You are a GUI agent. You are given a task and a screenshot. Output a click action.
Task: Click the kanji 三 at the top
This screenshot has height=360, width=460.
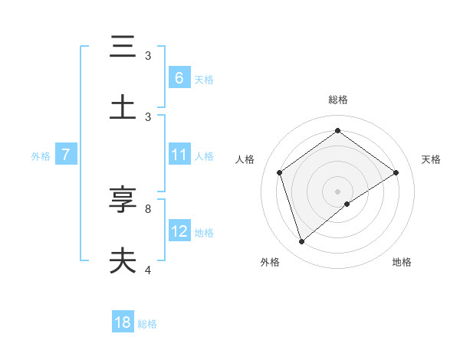coord(123,47)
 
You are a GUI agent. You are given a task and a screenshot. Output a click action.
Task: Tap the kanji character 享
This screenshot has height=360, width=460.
coord(123,200)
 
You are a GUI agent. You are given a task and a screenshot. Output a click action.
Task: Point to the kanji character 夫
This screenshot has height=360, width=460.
coord(123,260)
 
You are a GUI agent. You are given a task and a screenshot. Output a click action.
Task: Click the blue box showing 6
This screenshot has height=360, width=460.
coord(179,77)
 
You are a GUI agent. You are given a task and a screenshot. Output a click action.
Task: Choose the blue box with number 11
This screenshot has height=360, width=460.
coord(179,155)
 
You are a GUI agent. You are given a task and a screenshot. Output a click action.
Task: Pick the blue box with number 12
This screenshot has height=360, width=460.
coord(179,231)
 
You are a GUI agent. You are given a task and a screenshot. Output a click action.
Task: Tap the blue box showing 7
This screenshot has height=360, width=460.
coord(66,155)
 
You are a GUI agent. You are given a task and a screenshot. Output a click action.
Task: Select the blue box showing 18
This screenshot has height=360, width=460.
coord(123,322)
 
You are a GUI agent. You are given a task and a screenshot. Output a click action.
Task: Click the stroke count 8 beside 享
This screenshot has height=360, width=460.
coord(148,208)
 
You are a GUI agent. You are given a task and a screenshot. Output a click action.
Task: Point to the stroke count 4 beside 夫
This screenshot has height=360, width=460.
coord(148,270)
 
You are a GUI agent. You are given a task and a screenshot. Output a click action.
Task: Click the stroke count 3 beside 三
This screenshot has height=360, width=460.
coord(148,56)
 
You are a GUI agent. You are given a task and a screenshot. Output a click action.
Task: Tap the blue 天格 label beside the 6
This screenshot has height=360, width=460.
coord(204,79)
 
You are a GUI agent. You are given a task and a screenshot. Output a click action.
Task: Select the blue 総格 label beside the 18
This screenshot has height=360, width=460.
coord(147,324)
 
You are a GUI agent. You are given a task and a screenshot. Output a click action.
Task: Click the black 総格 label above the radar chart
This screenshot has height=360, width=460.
coord(338,100)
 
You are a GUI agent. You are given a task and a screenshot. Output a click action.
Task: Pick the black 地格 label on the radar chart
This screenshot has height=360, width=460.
coord(402,262)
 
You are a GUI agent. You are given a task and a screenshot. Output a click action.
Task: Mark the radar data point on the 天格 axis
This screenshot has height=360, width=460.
coord(396,172)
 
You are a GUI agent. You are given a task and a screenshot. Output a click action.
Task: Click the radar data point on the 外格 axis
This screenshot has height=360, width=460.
coord(301,242)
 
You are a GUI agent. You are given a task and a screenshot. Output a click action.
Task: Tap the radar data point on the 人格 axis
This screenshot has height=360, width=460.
coord(280,172)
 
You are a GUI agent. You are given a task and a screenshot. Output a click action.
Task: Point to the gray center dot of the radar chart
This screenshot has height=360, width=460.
coord(338,191)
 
